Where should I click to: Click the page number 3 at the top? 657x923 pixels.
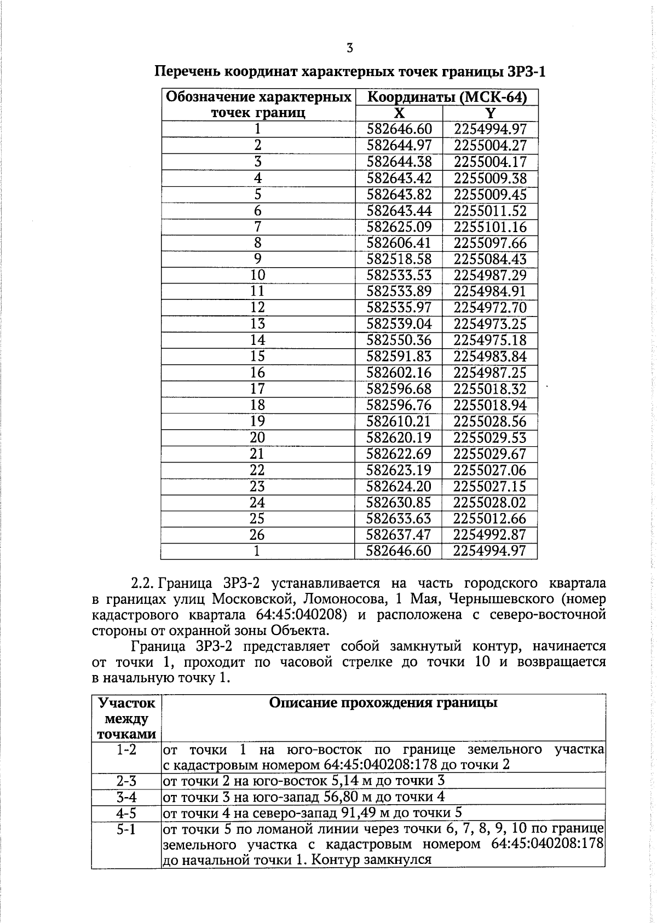tap(350, 48)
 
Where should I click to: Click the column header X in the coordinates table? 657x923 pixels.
tap(400, 113)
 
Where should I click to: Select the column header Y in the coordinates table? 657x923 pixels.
tap(491, 113)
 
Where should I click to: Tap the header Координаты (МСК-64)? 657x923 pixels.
tap(447, 97)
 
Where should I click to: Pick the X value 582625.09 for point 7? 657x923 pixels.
tap(399, 227)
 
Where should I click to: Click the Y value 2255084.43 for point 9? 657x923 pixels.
tap(490, 259)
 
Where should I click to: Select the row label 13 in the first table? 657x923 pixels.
tap(257, 324)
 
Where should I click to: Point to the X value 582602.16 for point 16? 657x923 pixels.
tap(399, 373)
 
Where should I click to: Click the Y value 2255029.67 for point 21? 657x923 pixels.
tap(490, 454)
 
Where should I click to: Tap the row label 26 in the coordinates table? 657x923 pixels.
tap(257, 535)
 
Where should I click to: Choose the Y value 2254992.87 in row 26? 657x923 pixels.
tap(490, 535)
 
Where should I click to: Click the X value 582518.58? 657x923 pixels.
tap(399, 259)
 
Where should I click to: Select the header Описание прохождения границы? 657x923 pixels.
tap(383, 703)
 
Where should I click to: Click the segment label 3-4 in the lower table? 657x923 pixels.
tap(126, 797)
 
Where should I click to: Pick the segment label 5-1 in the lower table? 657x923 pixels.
tap(126, 829)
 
